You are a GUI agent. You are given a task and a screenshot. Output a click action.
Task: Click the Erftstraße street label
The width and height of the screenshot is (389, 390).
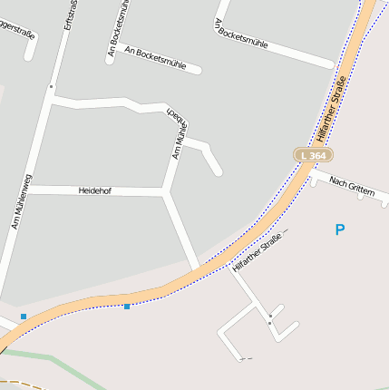67,16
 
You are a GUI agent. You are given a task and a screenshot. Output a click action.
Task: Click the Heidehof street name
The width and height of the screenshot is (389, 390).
94,190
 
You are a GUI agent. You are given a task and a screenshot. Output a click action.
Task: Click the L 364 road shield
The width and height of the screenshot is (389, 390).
312,156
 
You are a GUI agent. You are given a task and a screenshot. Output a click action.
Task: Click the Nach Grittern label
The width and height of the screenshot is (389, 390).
352,185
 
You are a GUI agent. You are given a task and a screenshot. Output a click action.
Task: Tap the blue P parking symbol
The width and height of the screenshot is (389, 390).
340,230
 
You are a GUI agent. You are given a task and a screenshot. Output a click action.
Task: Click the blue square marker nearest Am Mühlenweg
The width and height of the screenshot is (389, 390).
24,316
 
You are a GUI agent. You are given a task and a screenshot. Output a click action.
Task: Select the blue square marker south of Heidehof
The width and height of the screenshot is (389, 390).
127,307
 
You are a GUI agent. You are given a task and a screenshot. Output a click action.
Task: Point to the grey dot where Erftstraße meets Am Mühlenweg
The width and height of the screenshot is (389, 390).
51,87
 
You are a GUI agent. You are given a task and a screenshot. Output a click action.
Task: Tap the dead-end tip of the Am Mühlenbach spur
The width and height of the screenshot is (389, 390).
219,171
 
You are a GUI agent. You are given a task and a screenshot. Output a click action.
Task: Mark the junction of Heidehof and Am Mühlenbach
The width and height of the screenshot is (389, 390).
166,191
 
